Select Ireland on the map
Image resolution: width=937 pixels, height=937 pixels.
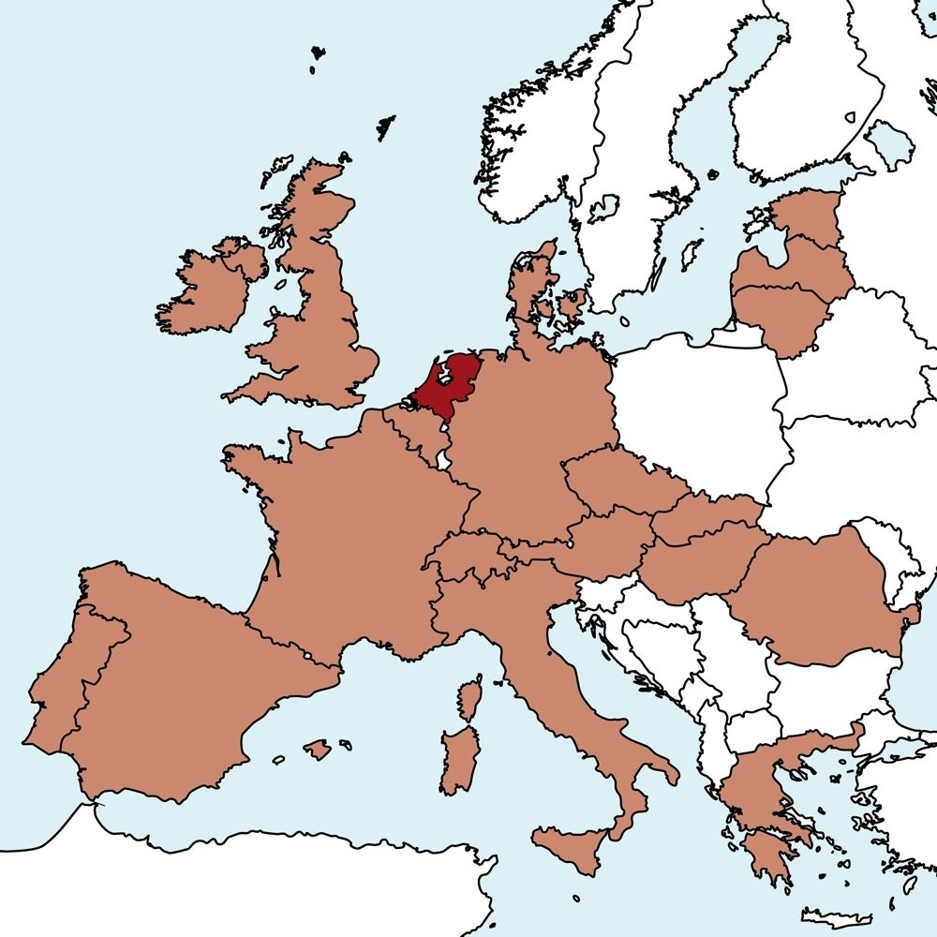coord(201,290)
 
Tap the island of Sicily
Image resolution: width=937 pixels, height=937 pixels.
coord(572,848)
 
